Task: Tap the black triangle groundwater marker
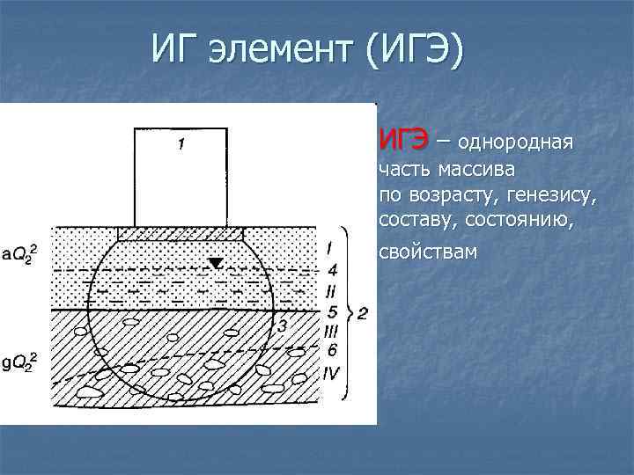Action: (x=216, y=262)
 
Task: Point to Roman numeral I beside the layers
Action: (x=328, y=247)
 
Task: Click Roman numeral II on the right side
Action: (x=330, y=289)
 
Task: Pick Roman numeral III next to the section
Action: (x=331, y=332)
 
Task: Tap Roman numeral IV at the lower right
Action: (x=331, y=373)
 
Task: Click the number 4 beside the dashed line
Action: (x=331, y=269)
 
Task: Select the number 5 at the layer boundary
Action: (x=331, y=311)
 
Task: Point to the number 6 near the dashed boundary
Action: (x=331, y=351)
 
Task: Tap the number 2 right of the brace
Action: (x=363, y=312)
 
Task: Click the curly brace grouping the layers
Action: (x=350, y=312)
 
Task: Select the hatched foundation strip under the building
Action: (x=181, y=234)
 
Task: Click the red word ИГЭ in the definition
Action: (x=404, y=139)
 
